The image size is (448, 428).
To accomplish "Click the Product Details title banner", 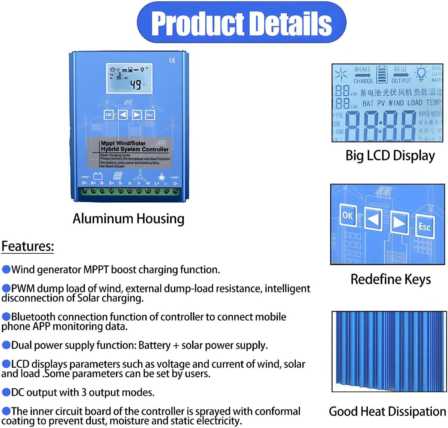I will coord(241,23).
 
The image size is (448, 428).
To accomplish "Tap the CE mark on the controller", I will coord(172,60).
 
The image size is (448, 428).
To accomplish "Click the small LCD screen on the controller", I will coord(129,78).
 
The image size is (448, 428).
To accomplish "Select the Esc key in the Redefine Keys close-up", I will coord(424,226).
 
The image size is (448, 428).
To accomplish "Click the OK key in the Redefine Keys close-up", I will coord(348,215).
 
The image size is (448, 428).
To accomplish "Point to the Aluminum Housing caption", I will coord(128,219).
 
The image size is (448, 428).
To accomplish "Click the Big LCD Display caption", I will coord(390,156).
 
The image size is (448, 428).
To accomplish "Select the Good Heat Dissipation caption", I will coord(387,412).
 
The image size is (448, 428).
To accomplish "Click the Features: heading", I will coord(28,246).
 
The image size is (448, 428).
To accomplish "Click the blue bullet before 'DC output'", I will coord(6,392).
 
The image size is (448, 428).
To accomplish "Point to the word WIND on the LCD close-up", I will coord(396,103).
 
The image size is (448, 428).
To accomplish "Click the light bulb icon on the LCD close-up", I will coord(421,73).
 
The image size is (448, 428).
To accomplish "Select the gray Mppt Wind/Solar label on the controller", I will coord(130,153).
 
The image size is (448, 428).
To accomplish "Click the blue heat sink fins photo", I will coord(389,351).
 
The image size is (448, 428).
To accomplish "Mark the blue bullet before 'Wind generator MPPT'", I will coord(6,269).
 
